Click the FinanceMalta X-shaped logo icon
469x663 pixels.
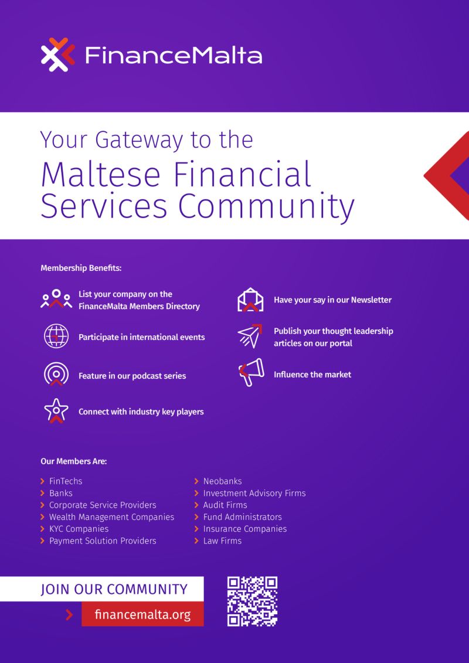tap(58, 55)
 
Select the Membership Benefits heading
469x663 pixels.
tap(81, 268)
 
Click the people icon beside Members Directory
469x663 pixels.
tap(56, 300)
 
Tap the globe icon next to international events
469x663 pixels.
tap(56, 336)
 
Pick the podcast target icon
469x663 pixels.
tap(56, 374)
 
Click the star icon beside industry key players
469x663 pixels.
tap(56, 411)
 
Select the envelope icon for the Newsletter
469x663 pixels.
tap(250, 300)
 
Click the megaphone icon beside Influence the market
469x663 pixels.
tap(251, 373)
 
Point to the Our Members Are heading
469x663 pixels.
tap(73, 461)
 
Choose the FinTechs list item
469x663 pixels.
tap(66, 481)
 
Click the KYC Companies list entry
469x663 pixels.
tap(79, 529)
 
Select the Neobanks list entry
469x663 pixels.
tap(222, 481)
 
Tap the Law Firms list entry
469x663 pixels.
tap(222, 540)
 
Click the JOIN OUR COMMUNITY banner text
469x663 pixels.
tap(114, 589)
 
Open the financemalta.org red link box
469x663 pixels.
tap(142, 614)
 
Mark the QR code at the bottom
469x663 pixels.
tap(252, 601)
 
